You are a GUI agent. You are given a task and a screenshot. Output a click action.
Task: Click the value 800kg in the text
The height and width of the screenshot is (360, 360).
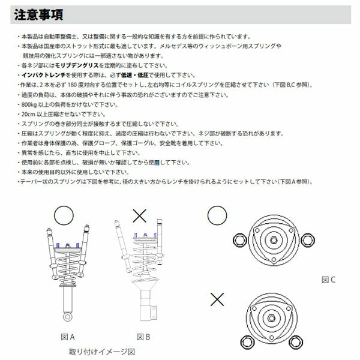(31, 104)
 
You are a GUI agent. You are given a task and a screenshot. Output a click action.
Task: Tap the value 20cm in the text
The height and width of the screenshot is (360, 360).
(29, 113)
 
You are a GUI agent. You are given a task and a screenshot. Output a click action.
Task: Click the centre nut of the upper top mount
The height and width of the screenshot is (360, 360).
(274, 239)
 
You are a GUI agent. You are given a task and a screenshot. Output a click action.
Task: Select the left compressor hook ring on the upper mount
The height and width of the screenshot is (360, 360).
(240, 239)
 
